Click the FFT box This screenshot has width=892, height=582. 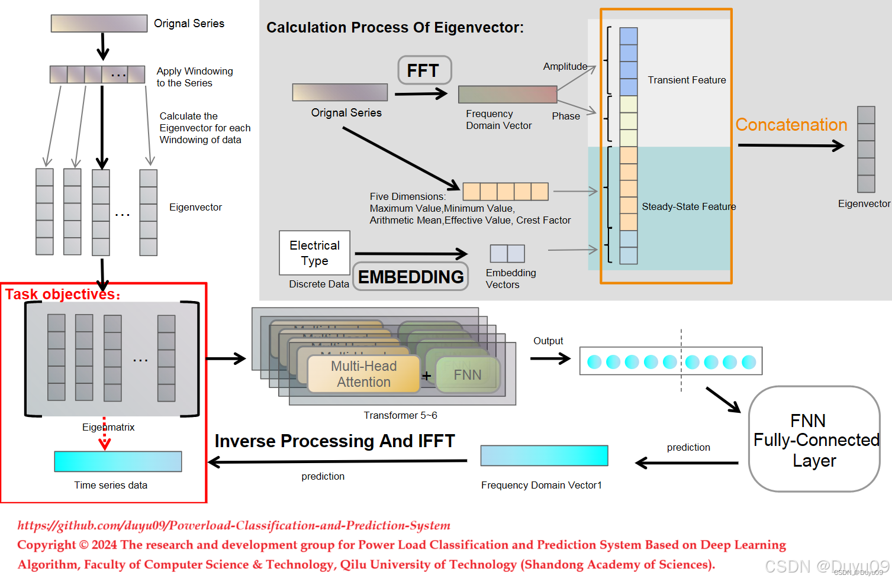pyautogui.click(x=424, y=70)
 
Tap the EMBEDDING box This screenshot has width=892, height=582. pyautogui.click(x=411, y=277)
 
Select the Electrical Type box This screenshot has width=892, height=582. pyautogui.click(x=314, y=253)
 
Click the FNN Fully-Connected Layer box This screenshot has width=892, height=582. pyautogui.click(x=814, y=439)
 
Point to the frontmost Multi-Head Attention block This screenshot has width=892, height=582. pyautogui.click(x=363, y=374)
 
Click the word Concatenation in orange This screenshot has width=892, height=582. pyautogui.click(x=791, y=125)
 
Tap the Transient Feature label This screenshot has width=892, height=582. pyautogui.click(x=687, y=80)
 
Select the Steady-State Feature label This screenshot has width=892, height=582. pyautogui.click(x=688, y=206)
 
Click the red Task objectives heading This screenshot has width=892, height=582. pyautogui.click(x=62, y=294)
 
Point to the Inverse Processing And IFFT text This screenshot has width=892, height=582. pyautogui.click(x=334, y=441)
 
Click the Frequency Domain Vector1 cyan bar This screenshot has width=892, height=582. pyautogui.click(x=544, y=455)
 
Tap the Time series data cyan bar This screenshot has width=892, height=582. pyautogui.click(x=118, y=461)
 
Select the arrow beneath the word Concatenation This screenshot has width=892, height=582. pyautogui.click(x=790, y=145)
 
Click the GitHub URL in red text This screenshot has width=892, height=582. pyautogui.click(x=233, y=525)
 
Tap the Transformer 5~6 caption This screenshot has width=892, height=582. pyautogui.click(x=400, y=415)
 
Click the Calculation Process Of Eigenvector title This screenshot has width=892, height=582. pyautogui.click(x=395, y=28)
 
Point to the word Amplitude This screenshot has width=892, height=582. pyautogui.click(x=565, y=66)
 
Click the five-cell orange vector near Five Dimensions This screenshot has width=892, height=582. pyautogui.click(x=505, y=192)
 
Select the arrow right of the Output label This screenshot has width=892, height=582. pyautogui.click(x=550, y=358)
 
